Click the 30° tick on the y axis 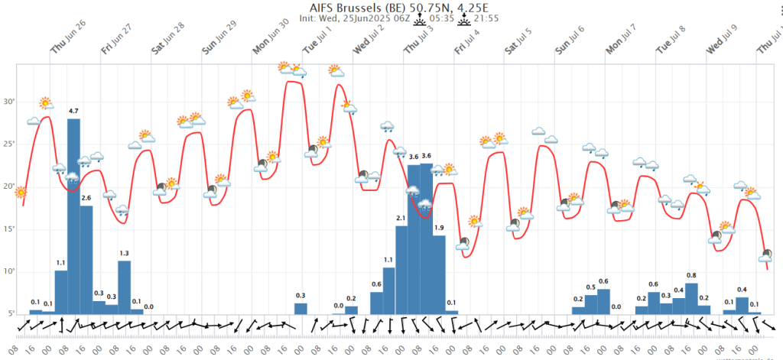click(x=10, y=102)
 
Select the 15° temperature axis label click(x=10, y=229)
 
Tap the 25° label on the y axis click(x=10, y=144)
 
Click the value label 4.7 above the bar click(x=73, y=112)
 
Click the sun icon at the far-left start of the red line click(x=21, y=193)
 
